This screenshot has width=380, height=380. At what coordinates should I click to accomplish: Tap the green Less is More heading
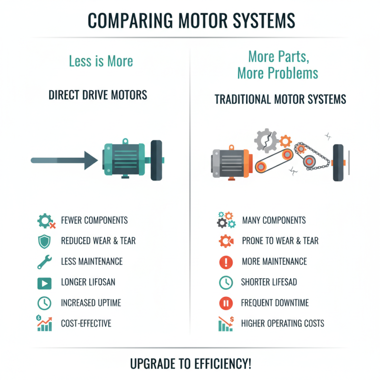pyautogui.click(x=101, y=61)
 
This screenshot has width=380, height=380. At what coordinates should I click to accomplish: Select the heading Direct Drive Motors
pyautogui.click(x=98, y=95)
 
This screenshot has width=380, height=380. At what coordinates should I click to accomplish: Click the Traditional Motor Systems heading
pyautogui.click(x=280, y=100)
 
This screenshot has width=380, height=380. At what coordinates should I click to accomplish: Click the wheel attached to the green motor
pyautogui.click(x=156, y=160)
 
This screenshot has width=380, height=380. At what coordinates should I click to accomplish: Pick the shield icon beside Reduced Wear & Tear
pyautogui.click(x=44, y=241)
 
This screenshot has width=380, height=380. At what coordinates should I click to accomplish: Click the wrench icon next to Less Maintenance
pyautogui.click(x=44, y=262)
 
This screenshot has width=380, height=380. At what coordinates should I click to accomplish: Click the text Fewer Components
pyautogui.click(x=94, y=220)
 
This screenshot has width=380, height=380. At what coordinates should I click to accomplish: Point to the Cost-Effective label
pyautogui.click(x=86, y=323)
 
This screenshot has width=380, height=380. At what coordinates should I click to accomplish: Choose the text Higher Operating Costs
pyautogui.click(x=283, y=323)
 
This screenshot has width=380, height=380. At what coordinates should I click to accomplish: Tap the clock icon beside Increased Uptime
pyautogui.click(x=44, y=303)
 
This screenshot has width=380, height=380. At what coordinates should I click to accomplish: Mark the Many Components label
pyautogui.click(x=274, y=220)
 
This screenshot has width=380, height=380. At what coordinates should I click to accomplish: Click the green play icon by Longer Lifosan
pyautogui.click(x=44, y=283)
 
